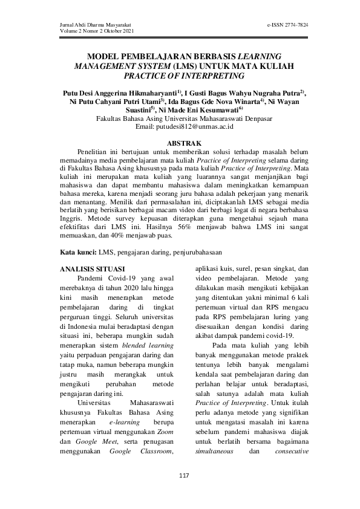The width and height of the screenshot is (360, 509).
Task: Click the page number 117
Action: pyautogui.click(x=185, y=476)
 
